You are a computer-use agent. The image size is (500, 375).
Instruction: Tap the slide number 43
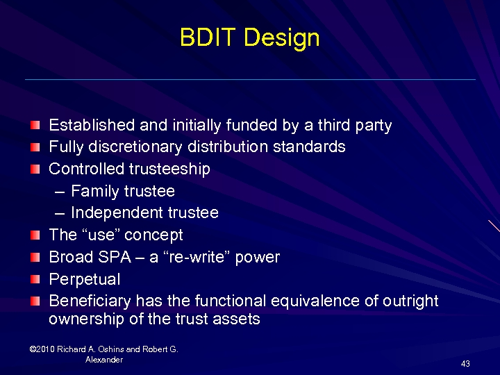(465, 364)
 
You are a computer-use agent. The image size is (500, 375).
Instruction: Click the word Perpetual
(84, 280)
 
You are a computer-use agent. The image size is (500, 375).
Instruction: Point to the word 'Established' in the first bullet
(92, 126)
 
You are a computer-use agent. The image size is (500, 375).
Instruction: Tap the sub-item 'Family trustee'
(122, 191)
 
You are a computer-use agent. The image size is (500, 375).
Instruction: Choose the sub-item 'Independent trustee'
(144, 213)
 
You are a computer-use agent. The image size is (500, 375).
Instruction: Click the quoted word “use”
(99, 235)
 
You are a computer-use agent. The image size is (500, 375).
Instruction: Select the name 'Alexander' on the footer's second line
(104, 360)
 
